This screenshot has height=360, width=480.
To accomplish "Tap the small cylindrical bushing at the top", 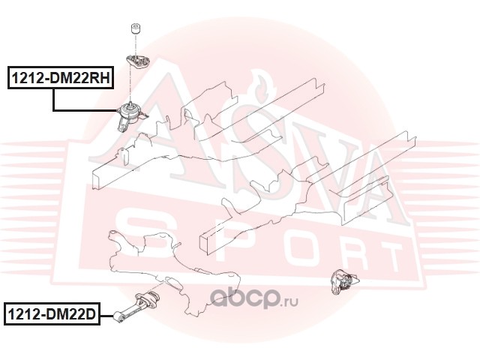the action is point(136,31).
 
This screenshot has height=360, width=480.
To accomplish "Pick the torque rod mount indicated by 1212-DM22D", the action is point(139,304).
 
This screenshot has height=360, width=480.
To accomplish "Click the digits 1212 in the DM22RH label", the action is point(25,76).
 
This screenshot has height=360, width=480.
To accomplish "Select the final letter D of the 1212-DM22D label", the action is point(91,313).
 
